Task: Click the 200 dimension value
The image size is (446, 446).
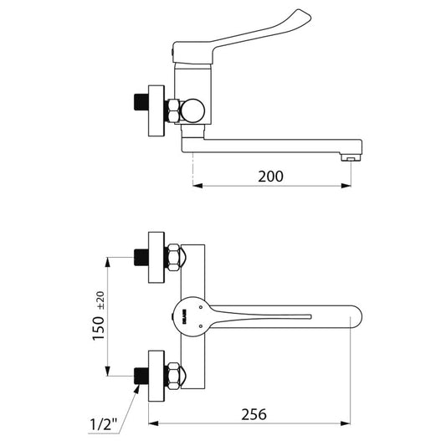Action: click(x=270, y=177)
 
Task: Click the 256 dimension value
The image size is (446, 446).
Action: click(x=254, y=414)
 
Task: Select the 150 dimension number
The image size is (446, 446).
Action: click(x=99, y=328)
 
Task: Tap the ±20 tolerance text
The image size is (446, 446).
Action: click(x=101, y=300)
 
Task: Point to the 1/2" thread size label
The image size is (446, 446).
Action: click(x=103, y=424)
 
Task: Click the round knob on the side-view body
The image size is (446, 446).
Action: click(x=192, y=110)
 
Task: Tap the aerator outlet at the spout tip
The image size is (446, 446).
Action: click(x=351, y=157)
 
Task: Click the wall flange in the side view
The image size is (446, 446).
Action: click(x=156, y=110)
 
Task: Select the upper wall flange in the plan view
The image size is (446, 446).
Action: click(x=156, y=258)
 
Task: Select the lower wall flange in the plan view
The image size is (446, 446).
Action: click(x=156, y=376)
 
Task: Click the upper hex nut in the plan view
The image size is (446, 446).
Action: click(x=173, y=258)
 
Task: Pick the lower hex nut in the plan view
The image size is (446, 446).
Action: click(x=173, y=376)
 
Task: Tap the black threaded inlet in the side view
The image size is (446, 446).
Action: click(x=141, y=102)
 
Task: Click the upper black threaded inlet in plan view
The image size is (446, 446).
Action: click(x=141, y=258)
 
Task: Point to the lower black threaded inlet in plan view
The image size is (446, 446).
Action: click(x=141, y=376)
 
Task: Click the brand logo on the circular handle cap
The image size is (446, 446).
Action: click(x=184, y=316)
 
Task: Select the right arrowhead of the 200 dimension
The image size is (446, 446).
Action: click(x=346, y=186)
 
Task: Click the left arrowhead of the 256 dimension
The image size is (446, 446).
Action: click(x=153, y=423)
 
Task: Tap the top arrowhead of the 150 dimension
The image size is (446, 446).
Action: click(x=107, y=262)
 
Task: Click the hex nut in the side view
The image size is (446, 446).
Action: click(x=173, y=111)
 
